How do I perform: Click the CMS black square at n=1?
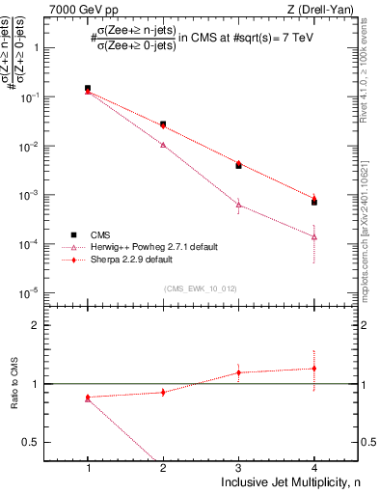(88, 88)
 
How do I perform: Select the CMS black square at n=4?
(314, 202)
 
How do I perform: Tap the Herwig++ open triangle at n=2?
(163, 145)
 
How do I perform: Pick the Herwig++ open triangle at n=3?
(238, 205)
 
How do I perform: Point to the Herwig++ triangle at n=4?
(314, 236)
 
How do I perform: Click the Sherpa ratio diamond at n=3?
(238, 372)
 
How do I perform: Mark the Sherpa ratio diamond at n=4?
(314, 369)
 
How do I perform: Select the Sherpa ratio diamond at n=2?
(163, 392)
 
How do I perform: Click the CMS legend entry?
(101, 234)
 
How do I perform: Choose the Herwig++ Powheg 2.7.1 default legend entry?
(146, 247)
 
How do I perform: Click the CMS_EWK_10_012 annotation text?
(201, 288)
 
